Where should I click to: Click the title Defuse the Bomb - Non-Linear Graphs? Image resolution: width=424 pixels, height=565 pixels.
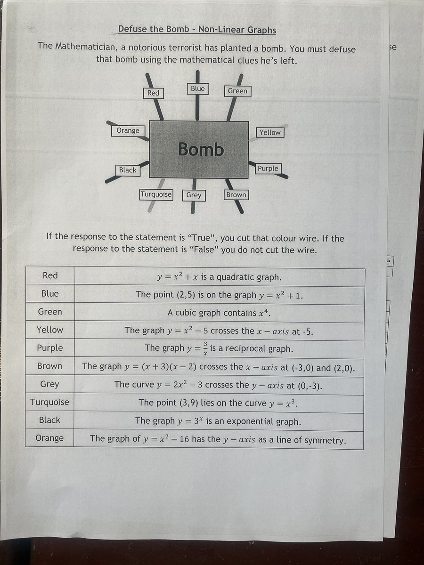[197, 30]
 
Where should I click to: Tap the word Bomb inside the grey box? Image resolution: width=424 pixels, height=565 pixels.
[201, 149]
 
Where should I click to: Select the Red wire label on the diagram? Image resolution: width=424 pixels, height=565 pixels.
[153, 93]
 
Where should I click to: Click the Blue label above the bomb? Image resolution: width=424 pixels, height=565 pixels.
[198, 89]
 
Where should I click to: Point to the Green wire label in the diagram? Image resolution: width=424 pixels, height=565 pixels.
[237, 91]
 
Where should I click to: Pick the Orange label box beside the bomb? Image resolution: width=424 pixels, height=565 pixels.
[128, 130]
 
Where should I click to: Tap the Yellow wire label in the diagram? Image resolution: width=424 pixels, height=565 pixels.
[270, 132]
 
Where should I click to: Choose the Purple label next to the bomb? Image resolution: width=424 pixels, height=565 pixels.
[268, 168]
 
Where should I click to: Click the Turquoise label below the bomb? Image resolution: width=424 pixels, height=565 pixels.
[156, 194]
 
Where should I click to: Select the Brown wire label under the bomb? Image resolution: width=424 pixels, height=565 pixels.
[236, 194]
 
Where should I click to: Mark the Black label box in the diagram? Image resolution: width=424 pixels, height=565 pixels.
[128, 170]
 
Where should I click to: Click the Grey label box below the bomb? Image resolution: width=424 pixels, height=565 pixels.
[194, 195]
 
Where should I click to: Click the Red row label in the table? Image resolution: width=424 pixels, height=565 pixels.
[50, 275]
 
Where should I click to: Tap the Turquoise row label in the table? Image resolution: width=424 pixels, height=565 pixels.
[49, 402]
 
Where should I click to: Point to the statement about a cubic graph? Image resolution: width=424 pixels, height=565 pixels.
[220, 313]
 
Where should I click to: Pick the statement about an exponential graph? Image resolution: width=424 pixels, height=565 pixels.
[218, 421]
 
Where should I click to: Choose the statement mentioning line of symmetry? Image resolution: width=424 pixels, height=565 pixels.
[218, 439]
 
